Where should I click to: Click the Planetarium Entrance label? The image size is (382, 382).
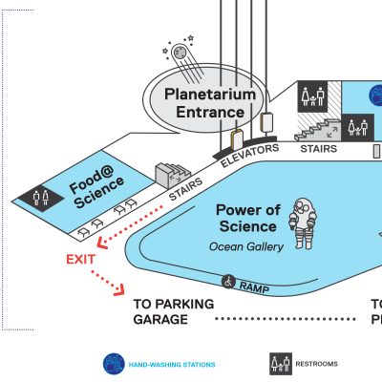coord(210,103)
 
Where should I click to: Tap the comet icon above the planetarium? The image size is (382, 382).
coord(183,59)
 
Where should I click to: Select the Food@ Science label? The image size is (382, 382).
coord(96,187)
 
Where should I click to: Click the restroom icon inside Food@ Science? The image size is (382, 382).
coord(41,198)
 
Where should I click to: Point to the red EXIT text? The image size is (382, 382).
coord(80,260)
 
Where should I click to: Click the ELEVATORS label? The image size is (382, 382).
coord(250,155)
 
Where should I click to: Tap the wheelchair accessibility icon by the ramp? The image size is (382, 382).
coord(228,282)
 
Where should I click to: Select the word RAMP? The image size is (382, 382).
coord(254,287)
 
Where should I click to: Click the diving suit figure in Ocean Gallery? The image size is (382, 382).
coord(303,223)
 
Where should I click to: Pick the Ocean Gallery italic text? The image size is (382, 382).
coord(246,246)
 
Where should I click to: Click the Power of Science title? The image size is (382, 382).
coord(248,218)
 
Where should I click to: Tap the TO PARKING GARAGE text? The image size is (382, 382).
coord(174,311)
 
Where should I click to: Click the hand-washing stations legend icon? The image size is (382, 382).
coord(114,364)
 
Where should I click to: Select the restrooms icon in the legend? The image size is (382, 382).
coord(281,364)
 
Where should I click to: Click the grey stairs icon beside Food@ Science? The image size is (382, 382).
coord(172,176)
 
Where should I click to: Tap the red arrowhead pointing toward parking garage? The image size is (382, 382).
coord(119,290)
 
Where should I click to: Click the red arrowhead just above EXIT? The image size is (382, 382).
coord(102,244)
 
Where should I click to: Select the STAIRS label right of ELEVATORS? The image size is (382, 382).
coord(319,149)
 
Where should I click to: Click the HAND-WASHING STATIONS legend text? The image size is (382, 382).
coord(172,364)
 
